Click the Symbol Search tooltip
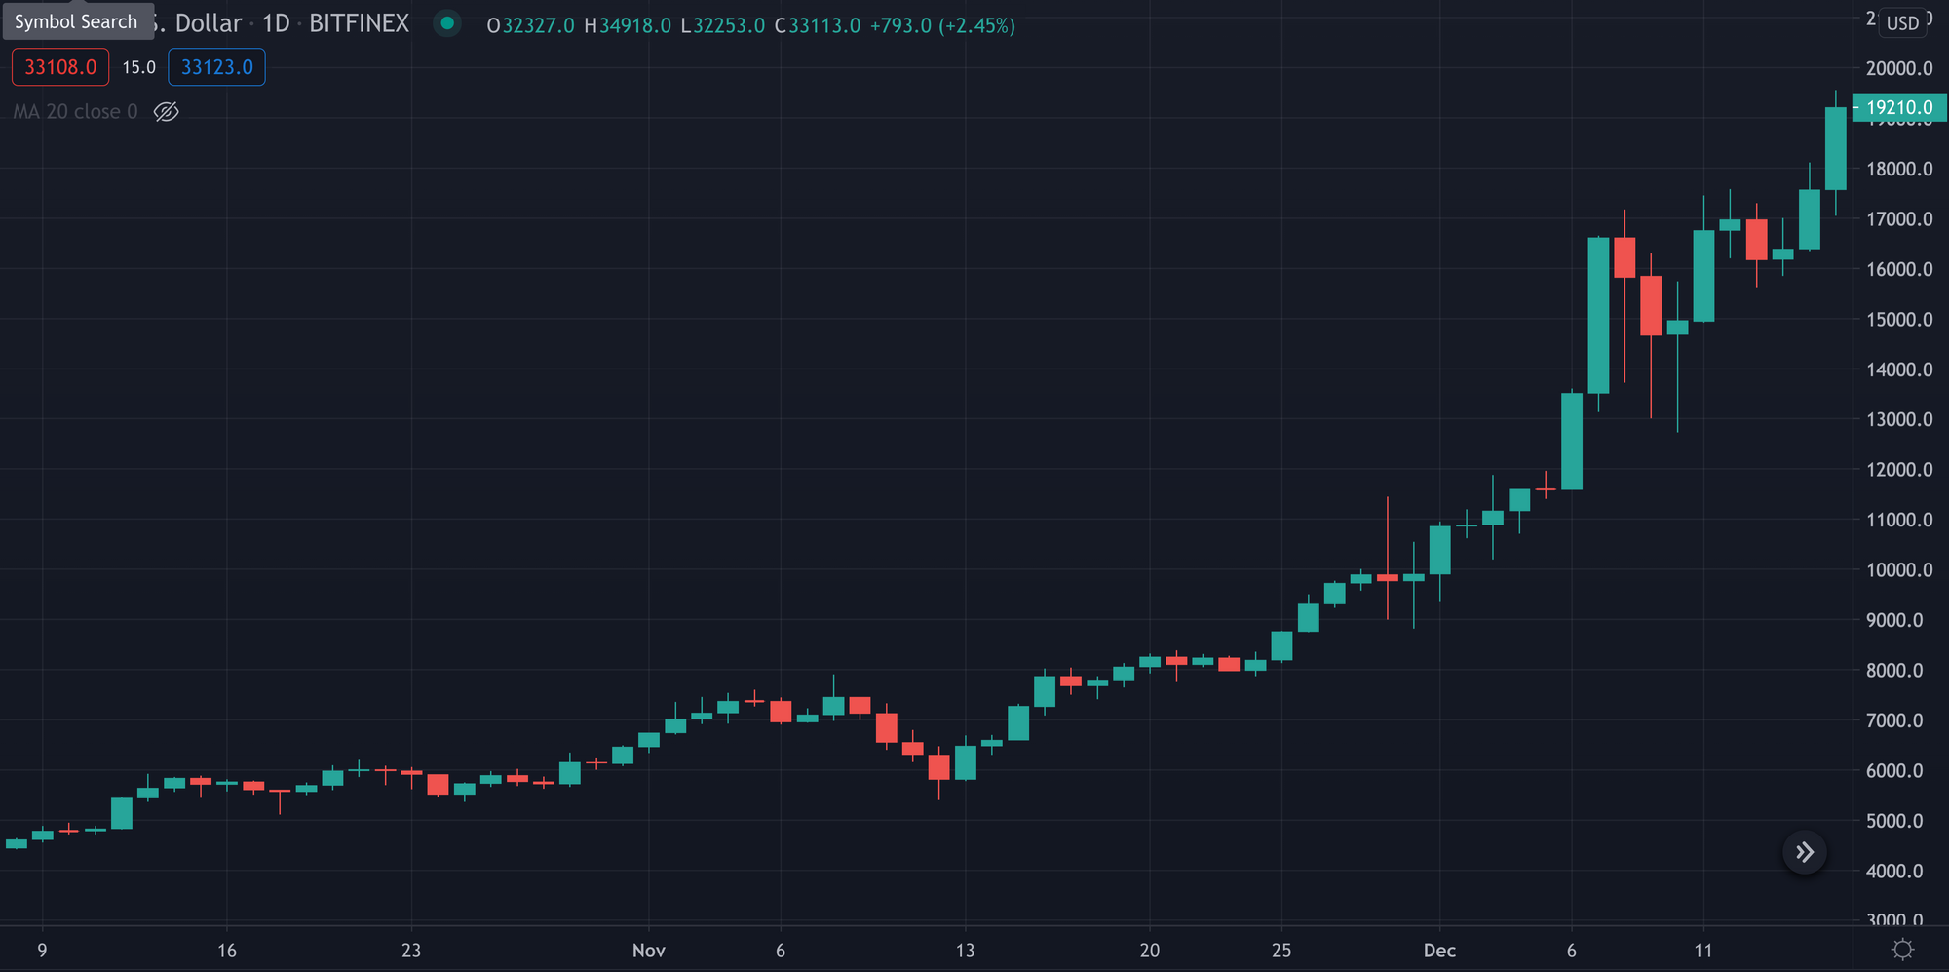pyautogui.click(x=77, y=21)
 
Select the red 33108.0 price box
pyautogui.click(x=60, y=67)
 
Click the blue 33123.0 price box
pyautogui.click(x=216, y=67)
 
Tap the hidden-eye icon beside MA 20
pyautogui.click(x=167, y=112)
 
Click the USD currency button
pyautogui.click(x=1902, y=22)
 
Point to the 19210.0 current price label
pyautogui.click(x=1898, y=108)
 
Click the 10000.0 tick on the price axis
pyautogui.click(x=1899, y=570)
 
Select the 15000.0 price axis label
pyautogui.click(x=1899, y=320)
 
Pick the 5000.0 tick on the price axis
pyautogui.click(x=1899, y=821)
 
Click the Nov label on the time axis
pyautogui.click(x=649, y=951)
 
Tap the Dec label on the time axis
pyautogui.click(x=1439, y=951)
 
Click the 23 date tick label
pyautogui.click(x=411, y=951)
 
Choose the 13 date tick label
pyautogui.click(x=965, y=951)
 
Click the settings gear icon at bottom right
pyautogui.click(x=1902, y=950)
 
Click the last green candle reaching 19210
pyautogui.click(x=1836, y=148)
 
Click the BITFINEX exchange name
pyautogui.click(x=359, y=24)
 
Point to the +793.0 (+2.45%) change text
pyautogui.click(x=942, y=26)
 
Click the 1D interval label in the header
pyautogui.click(x=276, y=24)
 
